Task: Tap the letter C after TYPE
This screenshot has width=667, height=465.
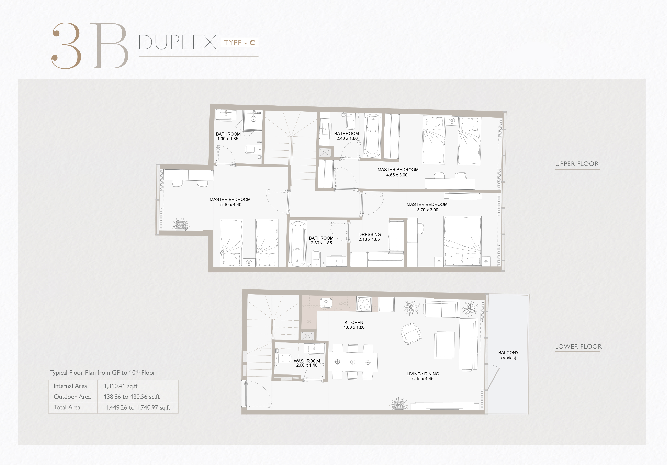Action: tap(252, 43)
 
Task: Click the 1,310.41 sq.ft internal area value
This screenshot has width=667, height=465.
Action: tap(120, 386)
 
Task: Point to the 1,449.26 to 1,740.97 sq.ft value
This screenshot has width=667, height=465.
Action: tap(138, 407)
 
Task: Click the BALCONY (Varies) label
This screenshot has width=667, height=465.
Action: tap(508, 355)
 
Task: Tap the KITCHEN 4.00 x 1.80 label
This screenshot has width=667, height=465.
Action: tap(354, 325)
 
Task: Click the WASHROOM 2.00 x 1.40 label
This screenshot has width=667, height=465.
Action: tap(307, 363)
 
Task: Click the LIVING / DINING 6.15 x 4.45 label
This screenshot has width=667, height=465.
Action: tap(423, 376)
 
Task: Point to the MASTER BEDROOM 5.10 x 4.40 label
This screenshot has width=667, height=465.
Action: tap(230, 202)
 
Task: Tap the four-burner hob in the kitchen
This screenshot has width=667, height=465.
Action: tap(364, 304)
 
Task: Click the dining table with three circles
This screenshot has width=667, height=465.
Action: tap(353, 362)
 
